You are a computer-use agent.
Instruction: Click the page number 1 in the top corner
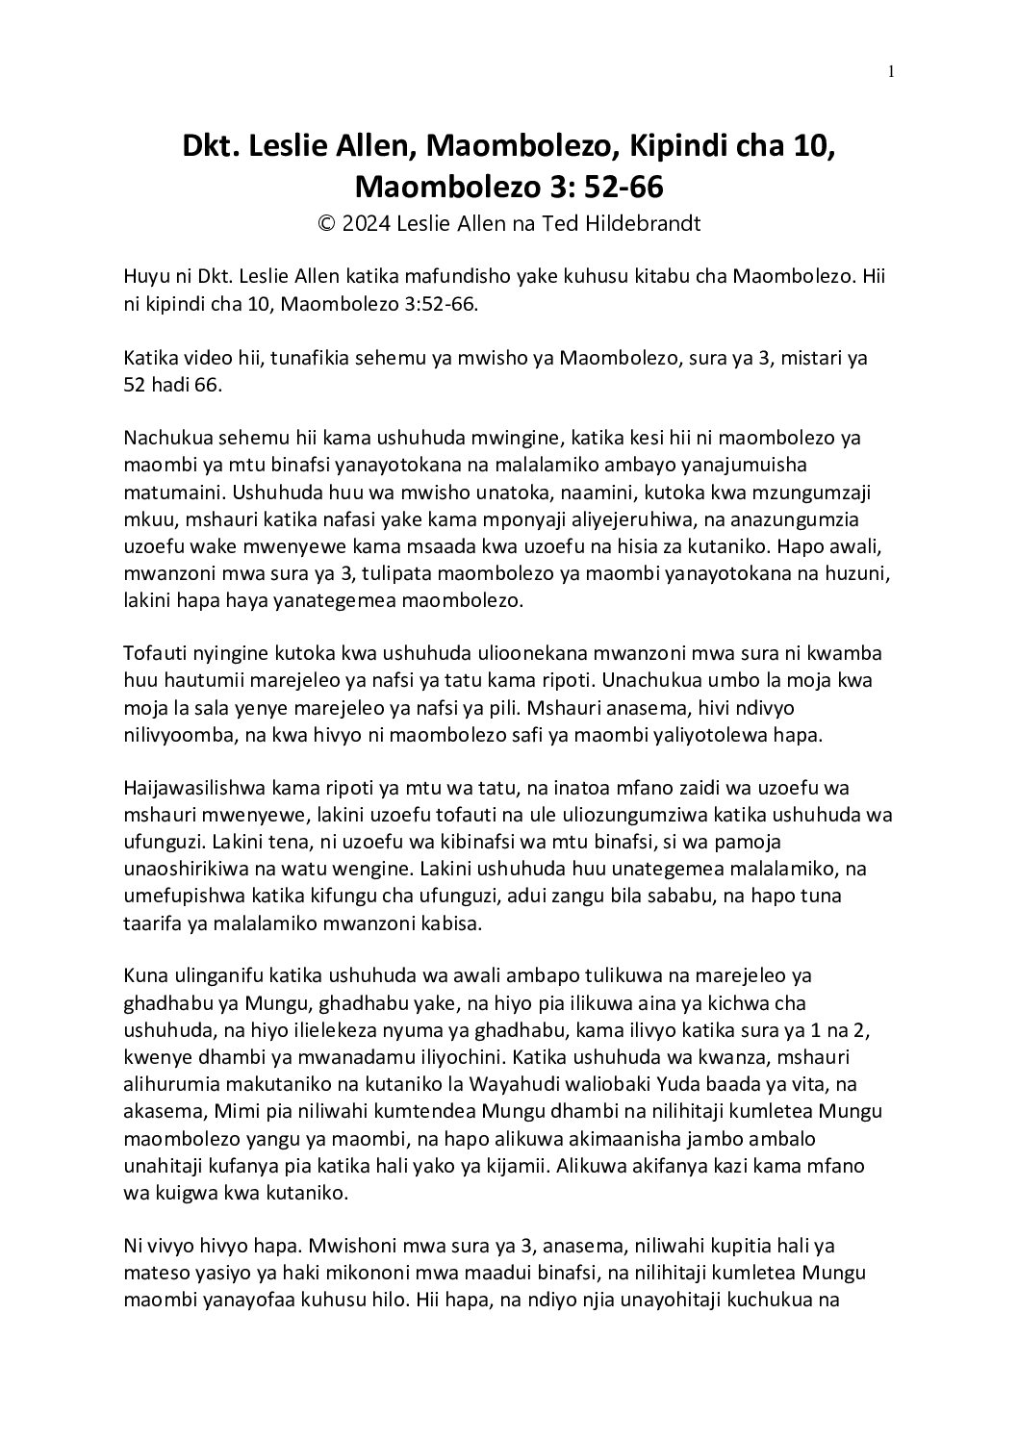891,70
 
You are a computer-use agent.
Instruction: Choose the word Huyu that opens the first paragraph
144,277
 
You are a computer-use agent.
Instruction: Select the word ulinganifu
206,976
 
